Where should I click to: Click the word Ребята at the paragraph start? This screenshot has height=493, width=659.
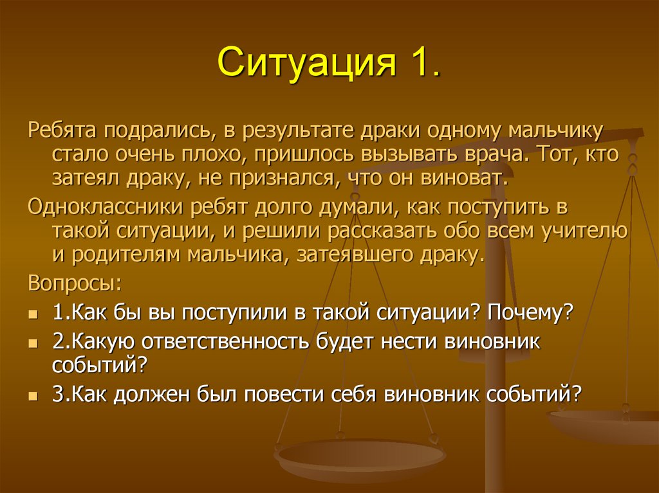coord(61,131)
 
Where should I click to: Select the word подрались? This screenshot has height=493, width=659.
coord(156,132)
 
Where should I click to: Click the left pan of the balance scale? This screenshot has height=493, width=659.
coord(360,458)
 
